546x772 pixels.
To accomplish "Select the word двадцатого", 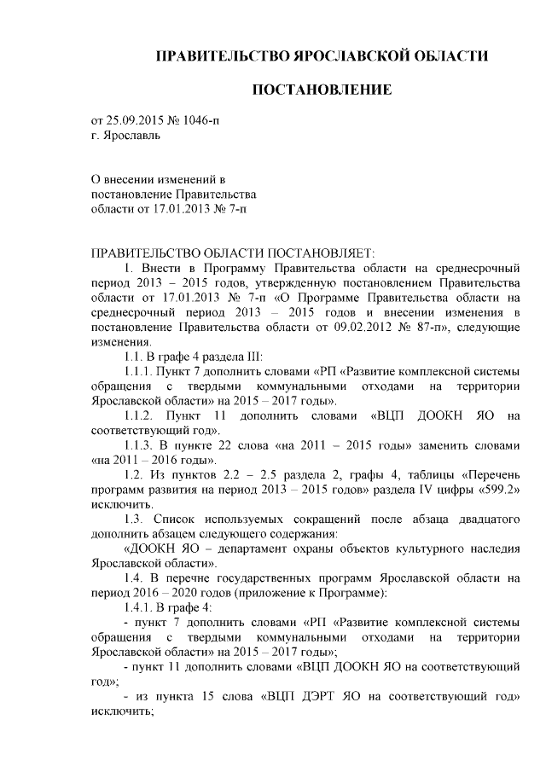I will (x=479, y=520).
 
